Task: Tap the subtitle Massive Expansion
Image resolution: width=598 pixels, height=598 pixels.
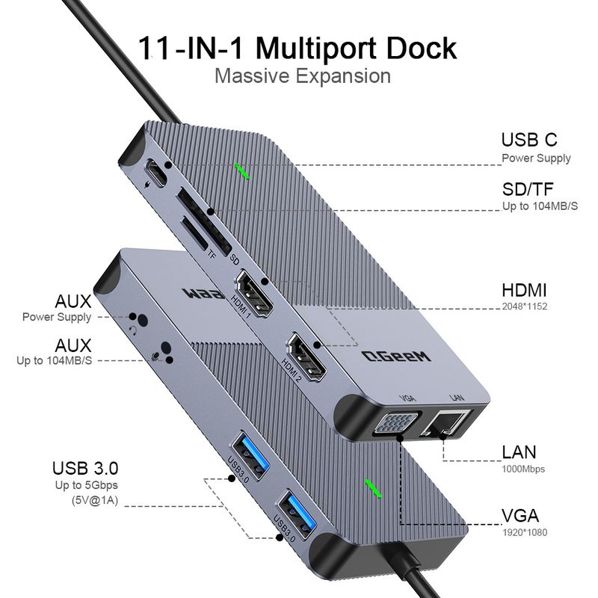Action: click(x=302, y=76)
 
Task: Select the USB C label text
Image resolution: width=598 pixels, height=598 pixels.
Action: click(x=528, y=140)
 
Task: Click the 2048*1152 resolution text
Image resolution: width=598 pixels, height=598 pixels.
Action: click(x=525, y=306)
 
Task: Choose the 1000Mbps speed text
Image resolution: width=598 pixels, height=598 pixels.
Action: click(x=523, y=469)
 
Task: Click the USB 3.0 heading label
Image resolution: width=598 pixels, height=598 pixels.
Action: click(x=85, y=469)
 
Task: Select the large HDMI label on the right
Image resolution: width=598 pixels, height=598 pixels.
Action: click(x=524, y=290)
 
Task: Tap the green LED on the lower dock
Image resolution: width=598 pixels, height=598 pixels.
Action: click(x=372, y=487)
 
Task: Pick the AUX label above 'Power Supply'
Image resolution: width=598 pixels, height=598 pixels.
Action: click(x=73, y=302)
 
